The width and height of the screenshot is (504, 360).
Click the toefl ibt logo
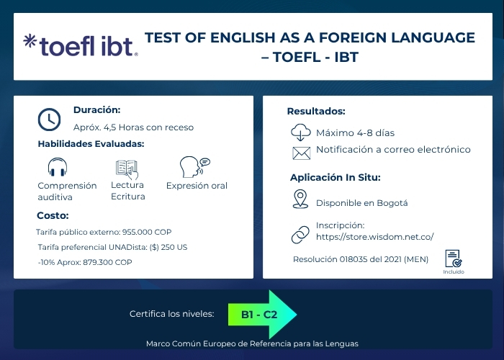pos(79,45)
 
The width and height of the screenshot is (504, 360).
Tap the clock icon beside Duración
pos(49,119)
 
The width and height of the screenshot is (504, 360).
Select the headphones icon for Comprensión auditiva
pos(58,168)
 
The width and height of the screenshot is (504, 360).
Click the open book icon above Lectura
pos(127,168)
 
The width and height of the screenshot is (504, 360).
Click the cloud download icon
pos(300,132)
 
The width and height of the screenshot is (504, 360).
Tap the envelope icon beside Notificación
pos(300,152)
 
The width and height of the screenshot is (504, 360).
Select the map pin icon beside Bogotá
pos(300,199)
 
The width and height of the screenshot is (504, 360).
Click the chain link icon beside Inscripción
pos(300,234)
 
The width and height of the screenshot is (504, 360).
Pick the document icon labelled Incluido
pos(453,258)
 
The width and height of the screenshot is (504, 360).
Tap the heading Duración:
pos(96,110)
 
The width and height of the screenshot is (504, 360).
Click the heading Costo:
pos(53,215)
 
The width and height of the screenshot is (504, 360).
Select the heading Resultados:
pos(316,111)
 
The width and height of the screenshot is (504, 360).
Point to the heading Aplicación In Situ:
pos(335,177)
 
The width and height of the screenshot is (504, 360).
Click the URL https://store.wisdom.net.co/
pos(374,236)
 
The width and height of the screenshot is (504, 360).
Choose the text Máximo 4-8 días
pos(355,133)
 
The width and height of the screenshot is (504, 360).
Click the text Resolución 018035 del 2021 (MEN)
pos(360,259)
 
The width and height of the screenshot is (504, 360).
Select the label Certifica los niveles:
pos(171,315)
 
